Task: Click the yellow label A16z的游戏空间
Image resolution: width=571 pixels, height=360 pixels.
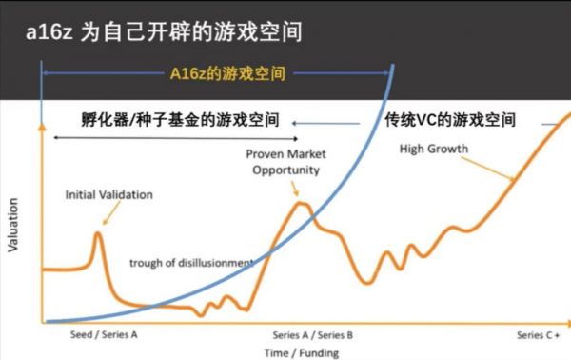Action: pos(227,72)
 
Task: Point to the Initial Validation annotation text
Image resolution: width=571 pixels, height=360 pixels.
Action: pos(108,194)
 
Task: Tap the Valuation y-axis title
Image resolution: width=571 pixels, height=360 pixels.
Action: pos(13,227)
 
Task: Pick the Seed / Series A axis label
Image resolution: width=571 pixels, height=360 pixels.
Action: pos(104,336)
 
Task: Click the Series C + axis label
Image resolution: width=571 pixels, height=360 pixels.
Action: pos(539,336)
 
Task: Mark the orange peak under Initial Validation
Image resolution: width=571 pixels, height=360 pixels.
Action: pos(98,233)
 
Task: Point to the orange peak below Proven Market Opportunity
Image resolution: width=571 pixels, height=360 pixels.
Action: pos(301,202)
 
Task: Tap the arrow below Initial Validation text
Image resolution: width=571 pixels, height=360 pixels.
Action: pos(107,215)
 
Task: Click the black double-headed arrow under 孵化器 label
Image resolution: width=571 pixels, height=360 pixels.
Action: pos(181,139)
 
